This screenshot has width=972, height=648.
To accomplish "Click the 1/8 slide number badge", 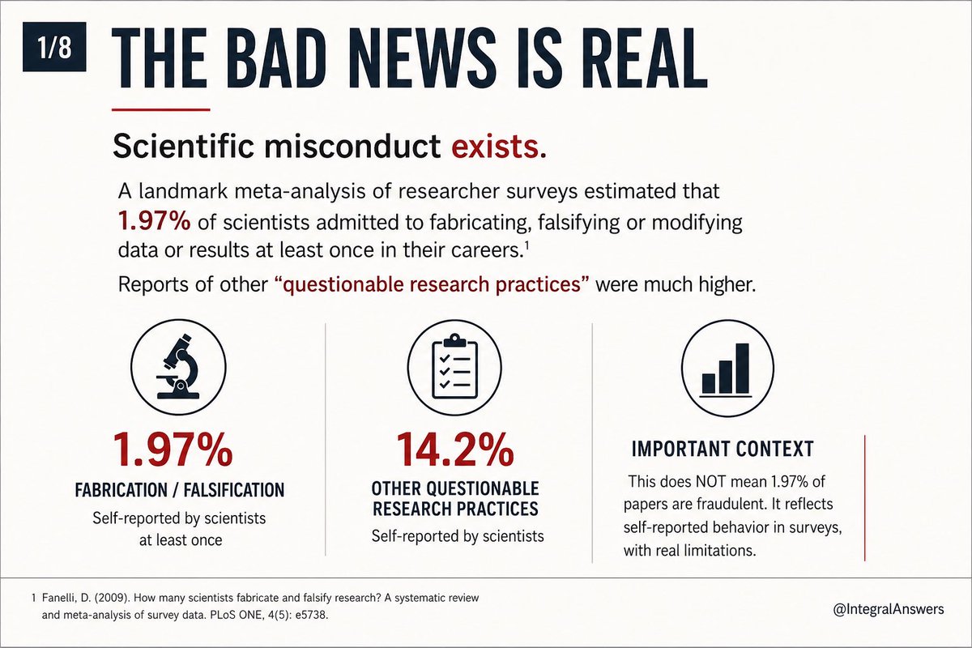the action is tap(54, 47).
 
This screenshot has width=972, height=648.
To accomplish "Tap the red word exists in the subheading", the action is tap(499, 147).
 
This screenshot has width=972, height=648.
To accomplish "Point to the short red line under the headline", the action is tap(161, 110).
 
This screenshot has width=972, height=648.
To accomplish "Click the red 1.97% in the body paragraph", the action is tap(155, 221).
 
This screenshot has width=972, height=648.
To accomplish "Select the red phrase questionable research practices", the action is tap(433, 285).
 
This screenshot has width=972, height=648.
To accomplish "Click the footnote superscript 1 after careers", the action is tap(526, 246).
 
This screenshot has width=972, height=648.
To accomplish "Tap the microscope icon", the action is tap(178, 367).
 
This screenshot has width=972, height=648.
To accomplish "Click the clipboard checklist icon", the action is tap(454, 368).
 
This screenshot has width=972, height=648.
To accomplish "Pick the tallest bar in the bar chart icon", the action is tap(743, 368).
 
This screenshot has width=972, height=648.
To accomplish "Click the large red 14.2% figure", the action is tap(455, 450).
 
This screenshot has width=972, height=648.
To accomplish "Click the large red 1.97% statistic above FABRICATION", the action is tap(173, 450).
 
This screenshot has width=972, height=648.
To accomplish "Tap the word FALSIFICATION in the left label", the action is tap(234, 490).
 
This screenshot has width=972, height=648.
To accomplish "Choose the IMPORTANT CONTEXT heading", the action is tap(723, 449).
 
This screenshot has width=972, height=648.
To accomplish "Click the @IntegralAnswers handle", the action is tap(889, 609).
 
